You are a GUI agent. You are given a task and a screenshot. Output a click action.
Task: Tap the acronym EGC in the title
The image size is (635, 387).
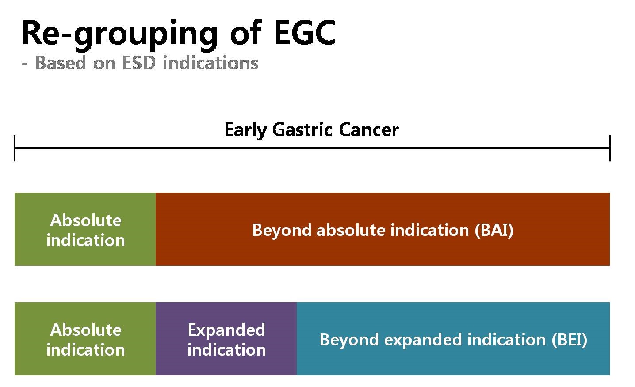[x=305, y=32]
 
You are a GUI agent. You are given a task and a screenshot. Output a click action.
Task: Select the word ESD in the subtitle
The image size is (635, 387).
[x=139, y=63]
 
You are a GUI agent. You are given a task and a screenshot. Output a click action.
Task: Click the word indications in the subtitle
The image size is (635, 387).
[x=210, y=63]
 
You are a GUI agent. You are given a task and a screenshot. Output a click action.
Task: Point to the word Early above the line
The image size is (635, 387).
[x=245, y=131]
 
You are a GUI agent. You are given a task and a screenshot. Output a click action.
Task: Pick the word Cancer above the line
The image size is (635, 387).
[x=369, y=130]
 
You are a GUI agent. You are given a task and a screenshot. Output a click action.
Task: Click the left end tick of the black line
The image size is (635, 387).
[x=15, y=148]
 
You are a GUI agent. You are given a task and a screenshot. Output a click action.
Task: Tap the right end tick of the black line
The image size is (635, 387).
[x=609, y=148]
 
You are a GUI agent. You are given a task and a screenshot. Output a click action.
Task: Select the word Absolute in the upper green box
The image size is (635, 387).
[x=86, y=220]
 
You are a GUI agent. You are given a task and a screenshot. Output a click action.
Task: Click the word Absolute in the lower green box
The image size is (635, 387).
[x=86, y=330]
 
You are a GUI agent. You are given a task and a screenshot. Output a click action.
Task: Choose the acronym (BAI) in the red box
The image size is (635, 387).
[x=494, y=230]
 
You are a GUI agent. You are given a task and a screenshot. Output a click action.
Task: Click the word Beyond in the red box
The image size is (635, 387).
[x=282, y=230]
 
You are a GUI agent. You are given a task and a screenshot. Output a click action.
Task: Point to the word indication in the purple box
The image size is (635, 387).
[x=226, y=350]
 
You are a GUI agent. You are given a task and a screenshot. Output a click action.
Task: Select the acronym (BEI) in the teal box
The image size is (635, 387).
[x=569, y=340]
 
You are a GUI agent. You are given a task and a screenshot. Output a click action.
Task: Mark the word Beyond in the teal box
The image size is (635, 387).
[x=349, y=340]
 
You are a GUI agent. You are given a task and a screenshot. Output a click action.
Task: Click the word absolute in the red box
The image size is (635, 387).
[x=351, y=230]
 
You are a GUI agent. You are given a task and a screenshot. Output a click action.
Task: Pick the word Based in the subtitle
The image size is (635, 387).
[x=61, y=63]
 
